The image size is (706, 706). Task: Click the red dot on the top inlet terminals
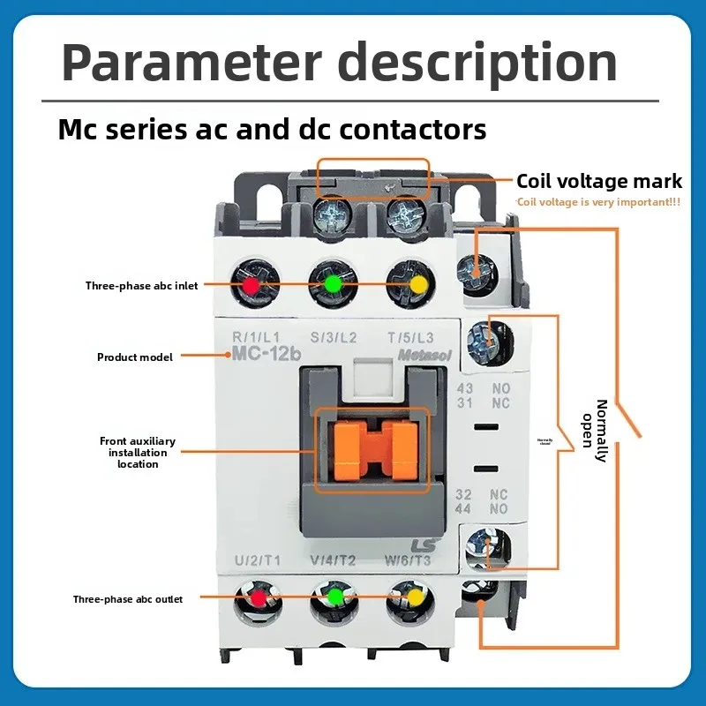251,286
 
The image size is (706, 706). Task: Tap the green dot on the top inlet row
332,285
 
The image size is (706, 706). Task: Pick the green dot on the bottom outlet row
334,597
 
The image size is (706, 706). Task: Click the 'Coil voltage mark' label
598,181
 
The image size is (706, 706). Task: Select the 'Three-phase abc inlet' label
141,286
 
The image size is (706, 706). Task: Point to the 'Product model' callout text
134,357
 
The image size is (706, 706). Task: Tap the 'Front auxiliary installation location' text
137,452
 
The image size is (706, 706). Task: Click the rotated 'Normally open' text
595,431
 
